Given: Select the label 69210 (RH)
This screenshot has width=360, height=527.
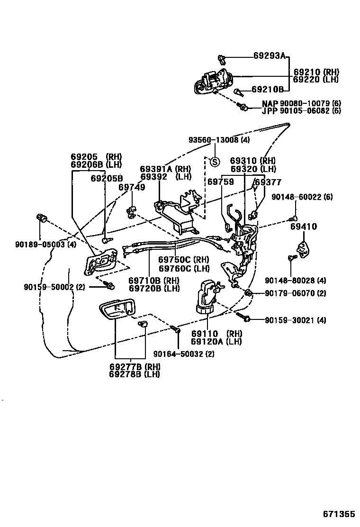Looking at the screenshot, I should point(316,73).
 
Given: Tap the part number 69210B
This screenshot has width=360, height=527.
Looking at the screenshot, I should point(267,89).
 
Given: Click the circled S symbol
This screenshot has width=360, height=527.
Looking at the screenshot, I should point(214,162).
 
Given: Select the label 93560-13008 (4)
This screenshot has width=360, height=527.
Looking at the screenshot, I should point(219,140).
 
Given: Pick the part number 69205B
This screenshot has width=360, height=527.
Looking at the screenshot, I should point(107,178).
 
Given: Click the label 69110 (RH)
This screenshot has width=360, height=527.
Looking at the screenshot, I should point(216,334).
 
